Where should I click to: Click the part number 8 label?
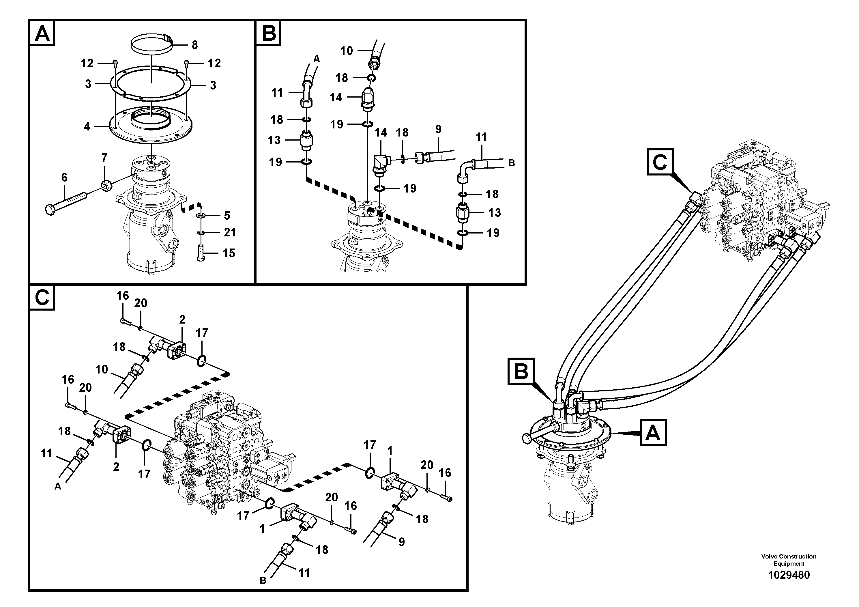tap(194, 45)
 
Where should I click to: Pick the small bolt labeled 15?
tap(201, 253)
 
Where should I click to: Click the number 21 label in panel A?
tap(230, 232)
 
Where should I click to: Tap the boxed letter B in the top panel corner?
tap(268, 34)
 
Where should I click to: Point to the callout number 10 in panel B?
tap(347, 51)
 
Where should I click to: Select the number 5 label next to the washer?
tap(227, 216)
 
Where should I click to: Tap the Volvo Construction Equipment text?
tap(789, 560)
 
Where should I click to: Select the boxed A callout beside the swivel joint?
tap(653, 433)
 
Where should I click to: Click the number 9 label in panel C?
tap(401, 541)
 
